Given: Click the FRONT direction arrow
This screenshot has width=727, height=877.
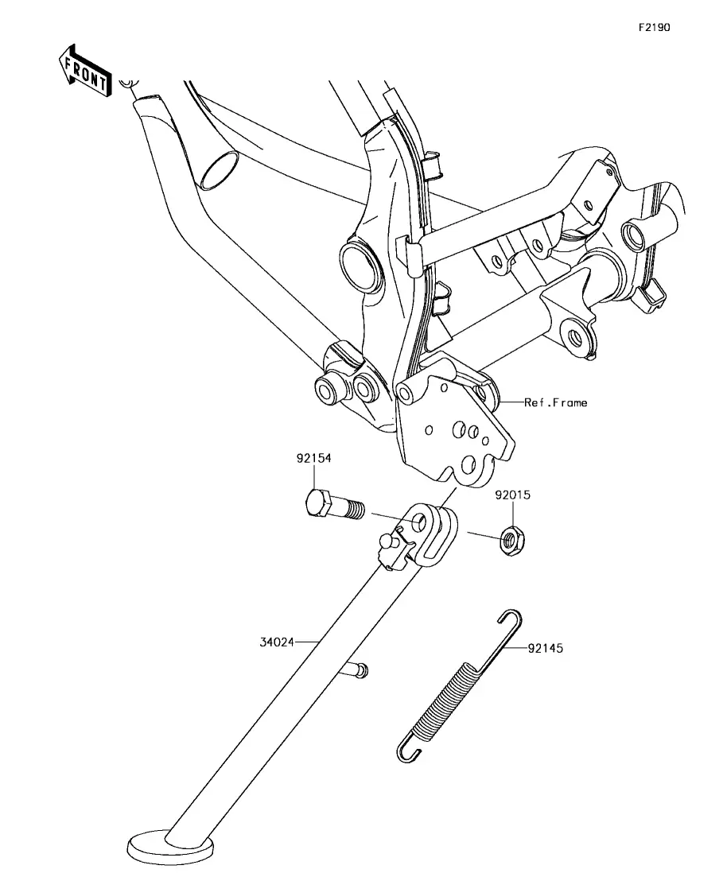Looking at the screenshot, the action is click(84, 71).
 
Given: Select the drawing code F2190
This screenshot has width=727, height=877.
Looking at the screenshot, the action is click(655, 27).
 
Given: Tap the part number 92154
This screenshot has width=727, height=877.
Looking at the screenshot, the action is click(313, 458).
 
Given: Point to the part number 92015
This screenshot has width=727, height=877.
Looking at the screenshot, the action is click(512, 495).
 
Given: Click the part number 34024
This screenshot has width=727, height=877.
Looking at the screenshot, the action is click(277, 642).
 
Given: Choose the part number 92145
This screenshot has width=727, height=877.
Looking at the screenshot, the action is click(546, 649).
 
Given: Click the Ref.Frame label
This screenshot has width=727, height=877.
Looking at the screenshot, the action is click(556, 402).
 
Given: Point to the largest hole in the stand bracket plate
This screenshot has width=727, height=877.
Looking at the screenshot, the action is click(468, 465).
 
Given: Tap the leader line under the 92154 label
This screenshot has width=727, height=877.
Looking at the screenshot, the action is click(313, 477).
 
